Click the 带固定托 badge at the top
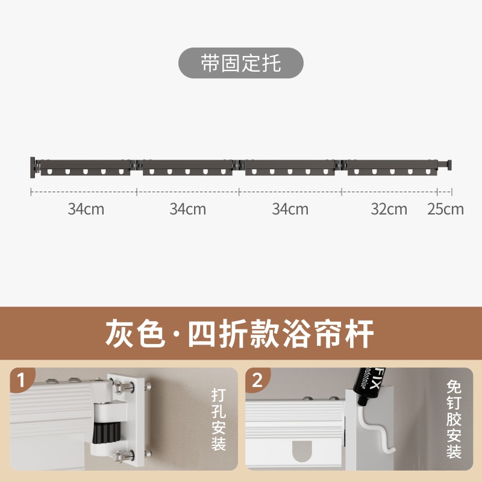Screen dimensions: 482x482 tap(240, 63)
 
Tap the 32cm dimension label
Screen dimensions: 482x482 tap(389, 209)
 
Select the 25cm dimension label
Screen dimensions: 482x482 tap(446, 209)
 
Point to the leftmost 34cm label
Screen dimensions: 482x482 tap(86, 209)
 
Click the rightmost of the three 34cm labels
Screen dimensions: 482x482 tap(290, 209)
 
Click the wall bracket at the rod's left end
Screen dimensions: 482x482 tap(33, 166)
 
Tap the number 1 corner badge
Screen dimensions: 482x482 tap(22, 380)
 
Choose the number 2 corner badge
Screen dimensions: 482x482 tap(257, 380)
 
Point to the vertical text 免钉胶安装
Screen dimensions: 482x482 tap(454, 419)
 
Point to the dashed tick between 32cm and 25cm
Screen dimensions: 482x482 tap(437, 192)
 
